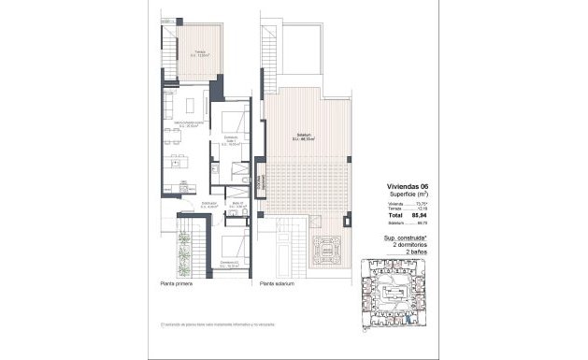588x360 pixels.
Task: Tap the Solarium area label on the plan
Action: point(299,137)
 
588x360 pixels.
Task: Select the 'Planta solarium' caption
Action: point(277,282)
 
